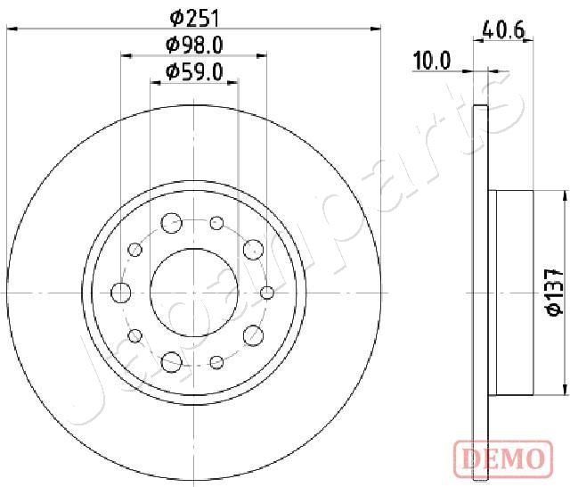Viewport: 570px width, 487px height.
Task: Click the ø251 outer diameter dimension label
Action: (x=194, y=16)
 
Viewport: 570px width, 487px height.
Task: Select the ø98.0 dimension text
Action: (x=194, y=45)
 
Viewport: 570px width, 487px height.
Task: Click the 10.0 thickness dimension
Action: (x=432, y=62)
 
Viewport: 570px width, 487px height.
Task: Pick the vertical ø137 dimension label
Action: (x=552, y=291)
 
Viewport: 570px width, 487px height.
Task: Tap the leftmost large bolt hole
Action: (x=120, y=291)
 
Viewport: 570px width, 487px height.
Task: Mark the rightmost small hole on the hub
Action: (x=266, y=292)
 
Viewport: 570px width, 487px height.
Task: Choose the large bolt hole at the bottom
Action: (x=171, y=361)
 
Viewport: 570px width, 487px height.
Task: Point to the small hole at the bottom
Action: (x=216, y=362)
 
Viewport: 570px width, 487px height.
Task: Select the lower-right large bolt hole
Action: (x=253, y=335)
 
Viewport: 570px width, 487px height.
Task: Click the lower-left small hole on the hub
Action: (x=135, y=335)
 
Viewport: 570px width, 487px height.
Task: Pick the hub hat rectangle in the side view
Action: (x=511, y=292)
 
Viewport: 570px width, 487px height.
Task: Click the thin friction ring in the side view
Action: (x=481, y=292)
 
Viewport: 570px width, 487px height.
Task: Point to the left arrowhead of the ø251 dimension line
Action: (x=11, y=29)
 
